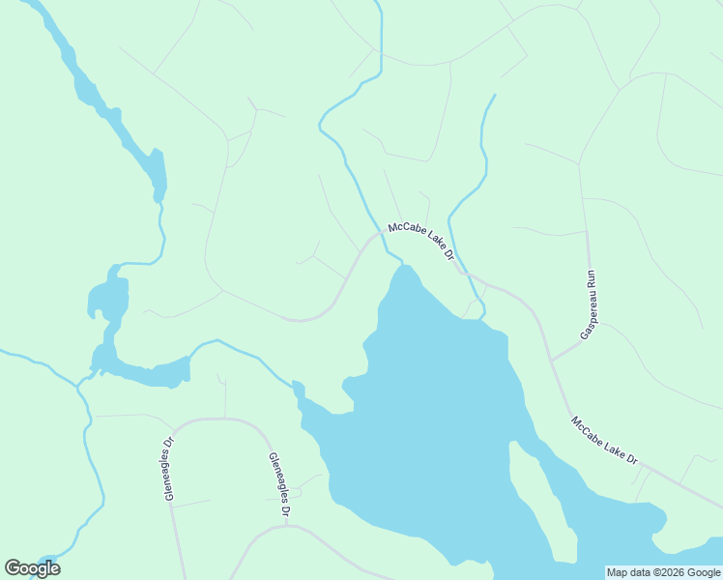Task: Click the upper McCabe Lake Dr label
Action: tap(421, 243)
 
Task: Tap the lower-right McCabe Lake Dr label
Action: tap(605, 441)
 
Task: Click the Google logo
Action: tap(32, 568)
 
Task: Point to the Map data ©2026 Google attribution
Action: tap(664, 572)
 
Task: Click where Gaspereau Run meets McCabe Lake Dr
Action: tap(552, 359)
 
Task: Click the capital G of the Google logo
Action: tap(14, 568)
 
